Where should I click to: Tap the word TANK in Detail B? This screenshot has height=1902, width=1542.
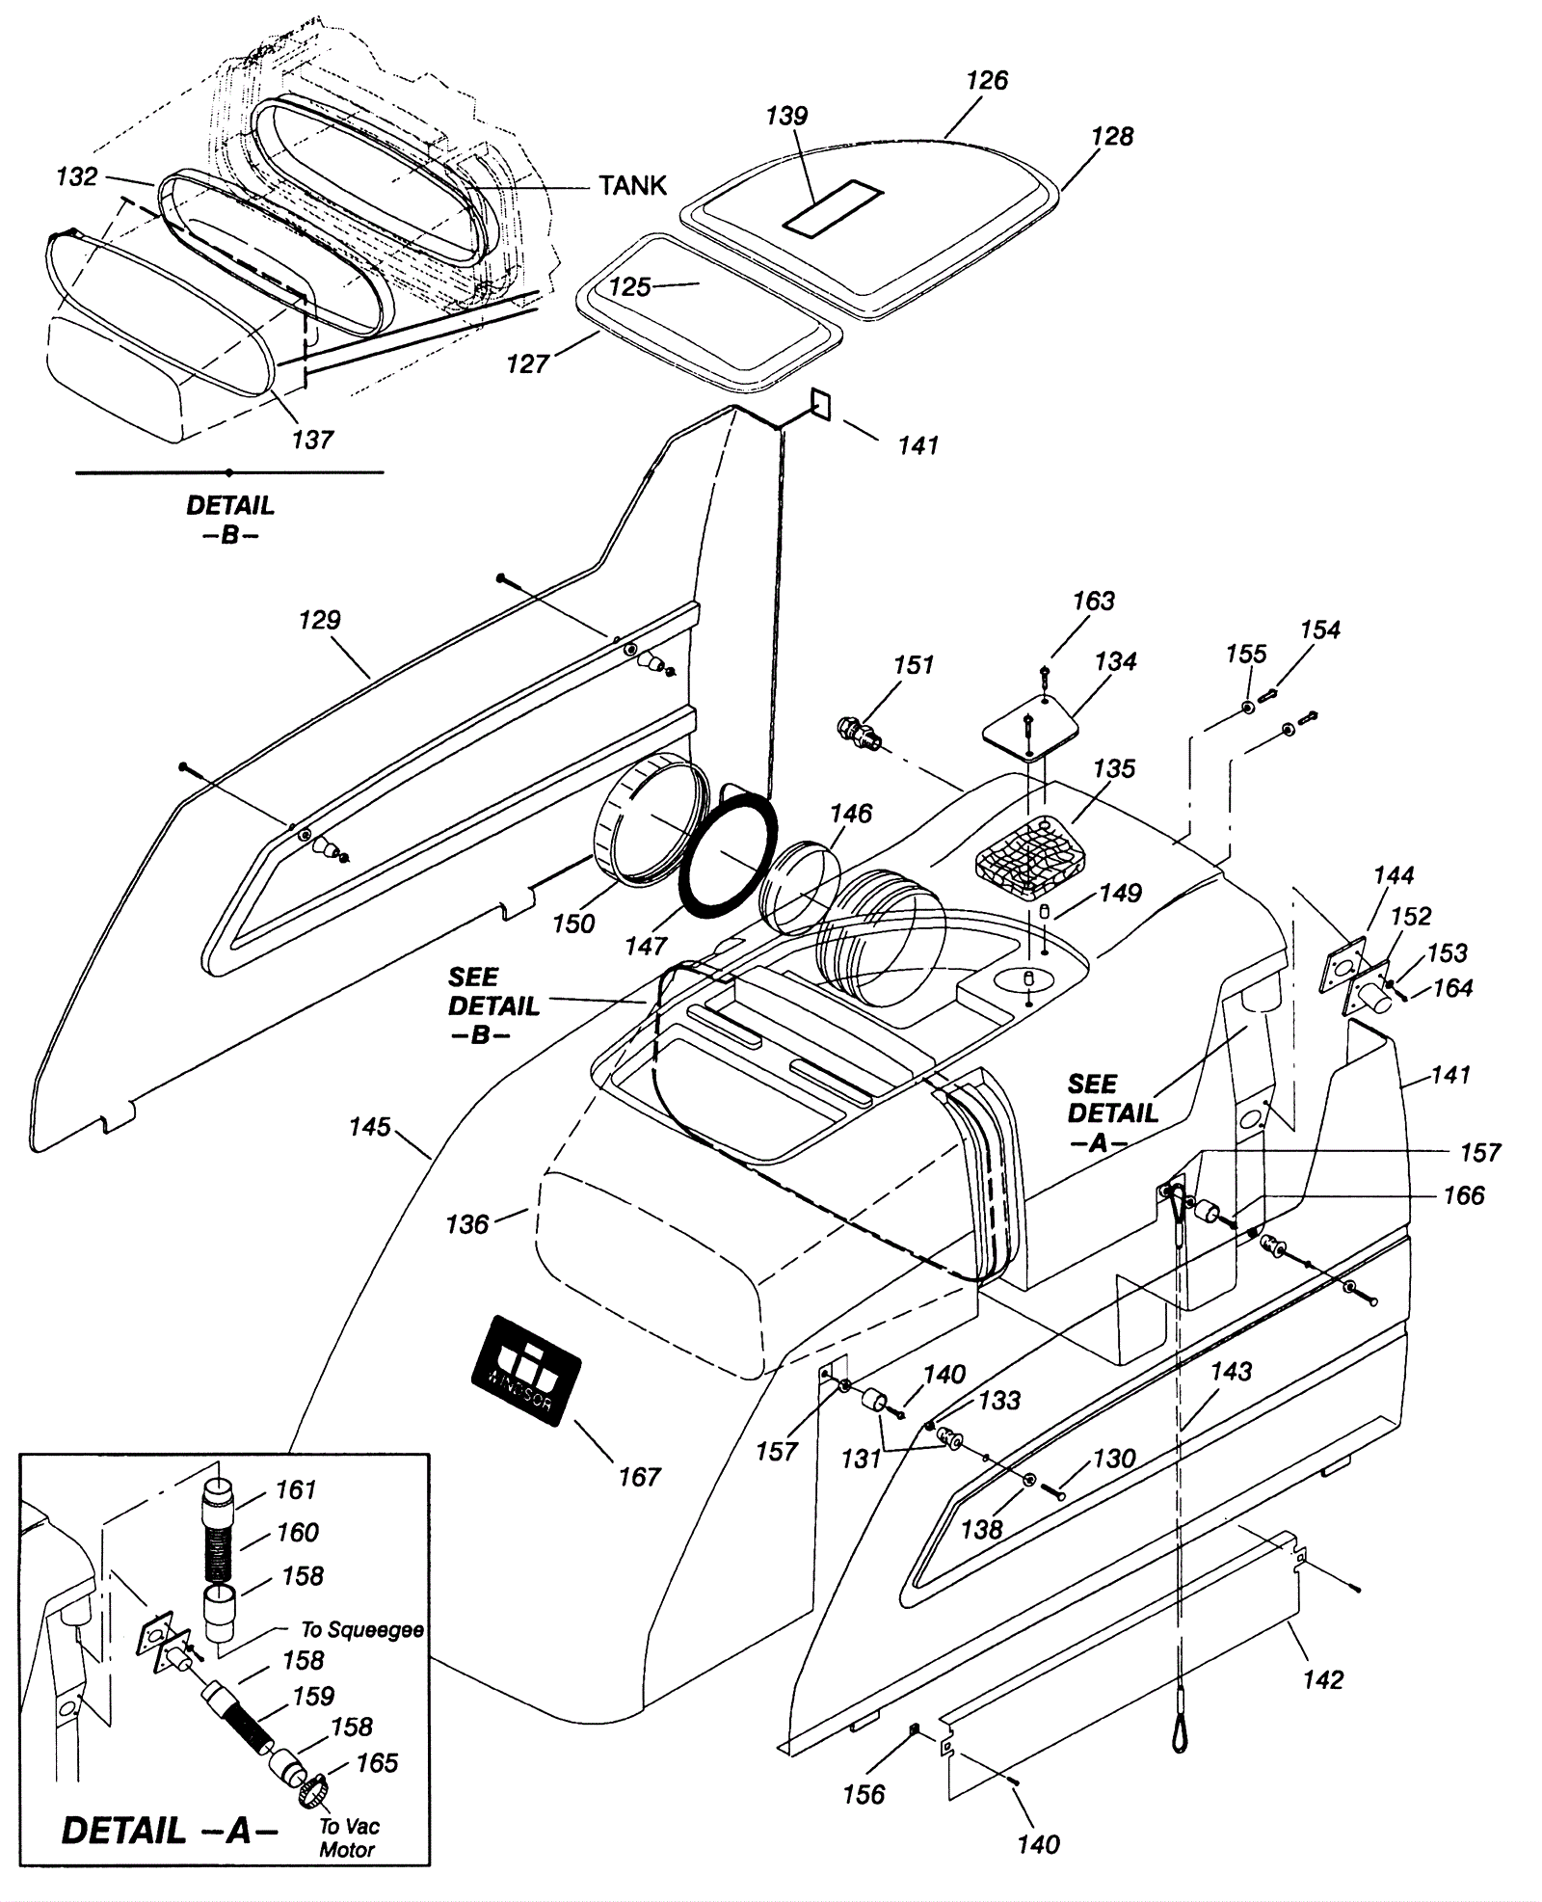(x=632, y=185)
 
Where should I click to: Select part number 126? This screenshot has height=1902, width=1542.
(x=987, y=80)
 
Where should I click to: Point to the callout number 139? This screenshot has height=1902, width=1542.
(x=786, y=116)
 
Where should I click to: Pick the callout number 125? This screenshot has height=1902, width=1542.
(x=630, y=286)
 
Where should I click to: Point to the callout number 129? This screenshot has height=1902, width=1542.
(x=320, y=620)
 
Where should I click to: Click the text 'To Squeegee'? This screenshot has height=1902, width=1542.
(x=362, y=1629)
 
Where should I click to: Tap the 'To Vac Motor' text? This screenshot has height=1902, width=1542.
(x=349, y=1837)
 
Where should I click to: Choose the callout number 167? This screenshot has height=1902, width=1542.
(x=639, y=1476)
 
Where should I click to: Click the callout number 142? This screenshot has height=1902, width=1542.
(x=1322, y=1679)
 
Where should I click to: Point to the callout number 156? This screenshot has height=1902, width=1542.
(x=864, y=1794)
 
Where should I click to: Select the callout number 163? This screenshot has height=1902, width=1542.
(x=1094, y=601)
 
